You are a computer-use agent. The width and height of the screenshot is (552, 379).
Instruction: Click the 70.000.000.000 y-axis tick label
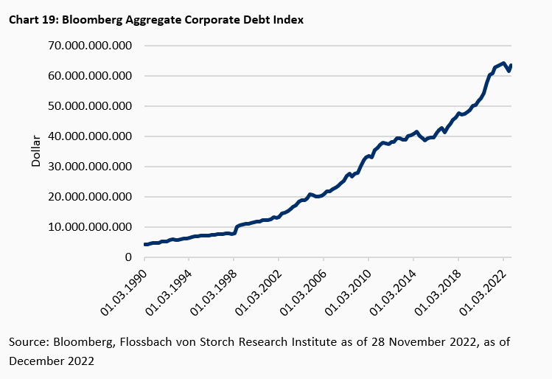[90, 46]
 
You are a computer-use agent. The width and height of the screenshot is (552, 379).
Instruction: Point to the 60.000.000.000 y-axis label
[90, 76]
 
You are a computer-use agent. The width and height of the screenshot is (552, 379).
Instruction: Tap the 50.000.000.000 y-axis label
[90, 106]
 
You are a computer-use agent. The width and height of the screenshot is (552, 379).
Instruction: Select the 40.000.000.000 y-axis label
[90, 136]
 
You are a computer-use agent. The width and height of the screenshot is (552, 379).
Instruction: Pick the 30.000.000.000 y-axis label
[90, 167]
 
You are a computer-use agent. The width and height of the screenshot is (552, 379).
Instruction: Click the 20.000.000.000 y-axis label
[90, 197]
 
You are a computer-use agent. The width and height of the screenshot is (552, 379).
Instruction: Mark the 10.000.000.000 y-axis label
[90, 227]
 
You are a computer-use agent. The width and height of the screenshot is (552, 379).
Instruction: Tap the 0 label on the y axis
[128, 257]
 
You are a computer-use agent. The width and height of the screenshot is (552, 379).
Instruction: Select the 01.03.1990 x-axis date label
[124, 288]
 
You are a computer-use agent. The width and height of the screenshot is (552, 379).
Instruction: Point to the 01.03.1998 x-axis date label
[214, 288]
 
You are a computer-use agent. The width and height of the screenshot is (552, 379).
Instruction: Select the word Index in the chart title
[287, 20]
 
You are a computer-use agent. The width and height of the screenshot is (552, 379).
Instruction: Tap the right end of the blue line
[511, 65]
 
